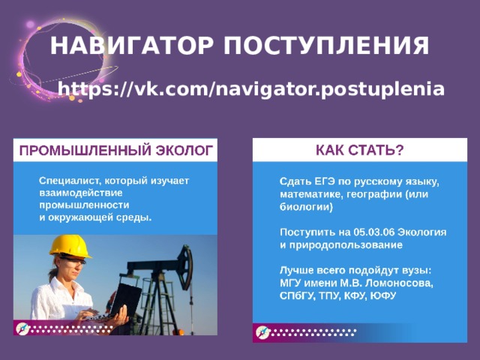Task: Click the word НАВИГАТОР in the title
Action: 124,46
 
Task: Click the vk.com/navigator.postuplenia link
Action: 251,90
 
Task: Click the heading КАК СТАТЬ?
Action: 359,150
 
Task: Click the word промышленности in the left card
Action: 84,205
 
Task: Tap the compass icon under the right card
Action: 262,331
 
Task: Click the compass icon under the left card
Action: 23,328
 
